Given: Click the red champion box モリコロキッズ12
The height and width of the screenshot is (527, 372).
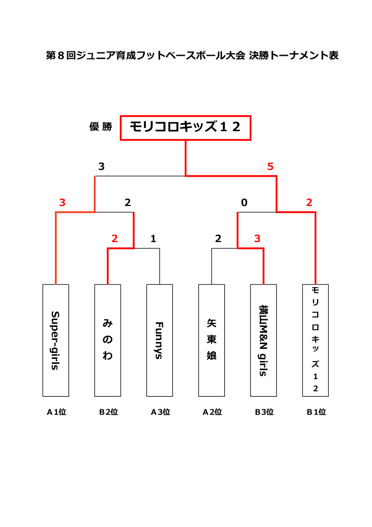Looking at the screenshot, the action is click(186, 128).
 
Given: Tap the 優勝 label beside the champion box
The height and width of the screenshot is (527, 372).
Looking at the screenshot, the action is click(101, 127).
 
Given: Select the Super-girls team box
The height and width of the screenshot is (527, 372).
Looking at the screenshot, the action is click(56, 340).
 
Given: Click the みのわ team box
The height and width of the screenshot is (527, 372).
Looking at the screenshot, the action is click(108, 340).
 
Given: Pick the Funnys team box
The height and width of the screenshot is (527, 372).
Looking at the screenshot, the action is click(160, 340).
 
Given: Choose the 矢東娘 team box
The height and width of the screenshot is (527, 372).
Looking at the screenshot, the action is click(212, 340).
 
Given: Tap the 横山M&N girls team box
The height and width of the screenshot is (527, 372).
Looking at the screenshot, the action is click(263, 340).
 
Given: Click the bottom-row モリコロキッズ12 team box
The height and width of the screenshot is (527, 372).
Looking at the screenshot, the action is click(316, 340).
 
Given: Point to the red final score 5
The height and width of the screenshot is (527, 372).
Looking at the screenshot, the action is click(270, 166).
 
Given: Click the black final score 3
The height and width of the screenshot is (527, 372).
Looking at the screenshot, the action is click(101, 166).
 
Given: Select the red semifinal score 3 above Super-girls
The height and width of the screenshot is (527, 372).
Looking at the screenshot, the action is click(62, 202).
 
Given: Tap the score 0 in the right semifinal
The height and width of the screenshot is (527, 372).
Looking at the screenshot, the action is click(244, 202).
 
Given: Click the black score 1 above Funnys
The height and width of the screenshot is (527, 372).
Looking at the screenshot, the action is click(153, 238).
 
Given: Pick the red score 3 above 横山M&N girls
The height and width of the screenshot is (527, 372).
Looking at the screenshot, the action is click(257, 238).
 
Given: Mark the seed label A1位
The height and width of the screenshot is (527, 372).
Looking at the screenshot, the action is click(56, 412).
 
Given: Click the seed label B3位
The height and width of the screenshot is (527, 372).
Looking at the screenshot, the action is click(264, 412).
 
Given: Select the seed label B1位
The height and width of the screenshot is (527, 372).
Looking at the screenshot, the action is click(316, 412).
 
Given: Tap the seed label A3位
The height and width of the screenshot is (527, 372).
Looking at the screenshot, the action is click(160, 412).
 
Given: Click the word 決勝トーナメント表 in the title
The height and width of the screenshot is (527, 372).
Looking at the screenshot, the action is click(294, 55).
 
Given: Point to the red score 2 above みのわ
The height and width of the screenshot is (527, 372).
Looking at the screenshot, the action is click(114, 238).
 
